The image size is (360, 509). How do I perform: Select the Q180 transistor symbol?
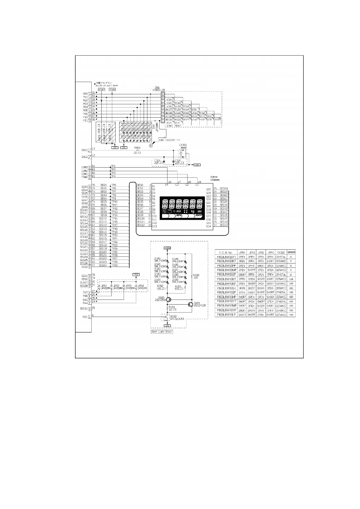point(169,300)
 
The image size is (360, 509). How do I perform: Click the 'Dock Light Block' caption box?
point(162,332)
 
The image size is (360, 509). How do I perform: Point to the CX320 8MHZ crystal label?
point(183,146)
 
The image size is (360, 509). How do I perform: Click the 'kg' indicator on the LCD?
point(193,211)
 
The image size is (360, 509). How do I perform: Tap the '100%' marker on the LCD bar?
point(198,216)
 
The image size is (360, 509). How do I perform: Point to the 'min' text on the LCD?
point(179,211)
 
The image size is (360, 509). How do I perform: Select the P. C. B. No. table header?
point(225,252)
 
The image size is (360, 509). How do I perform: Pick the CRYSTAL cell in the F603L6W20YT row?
point(281,257)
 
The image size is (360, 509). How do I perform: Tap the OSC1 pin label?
point(84,150)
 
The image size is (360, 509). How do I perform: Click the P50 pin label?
point(85,317)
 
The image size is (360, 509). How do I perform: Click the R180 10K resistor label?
point(196,276)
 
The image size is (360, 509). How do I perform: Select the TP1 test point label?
point(113,166)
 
